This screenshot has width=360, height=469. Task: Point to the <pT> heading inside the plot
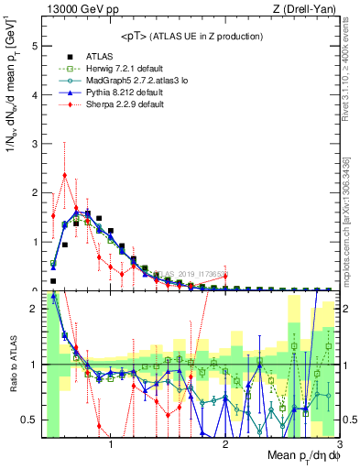coord(184,37)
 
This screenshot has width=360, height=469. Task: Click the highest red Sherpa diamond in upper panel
coord(64,175)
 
